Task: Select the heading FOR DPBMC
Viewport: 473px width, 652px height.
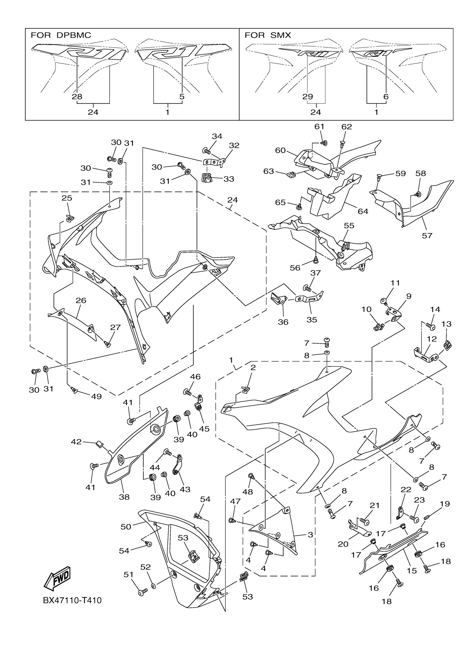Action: click(x=61, y=35)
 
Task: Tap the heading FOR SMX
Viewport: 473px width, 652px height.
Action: click(x=268, y=35)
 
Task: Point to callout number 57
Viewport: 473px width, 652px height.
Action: click(x=427, y=236)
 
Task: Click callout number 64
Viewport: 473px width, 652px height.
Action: click(x=363, y=211)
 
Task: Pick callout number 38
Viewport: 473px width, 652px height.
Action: click(x=124, y=497)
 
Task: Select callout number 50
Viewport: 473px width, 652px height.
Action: click(x=126, y=527)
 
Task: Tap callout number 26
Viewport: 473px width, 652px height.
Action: click(x=81, y=300)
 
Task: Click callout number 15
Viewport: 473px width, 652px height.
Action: click(x=412, y=571)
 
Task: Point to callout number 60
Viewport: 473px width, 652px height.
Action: click(x=280, y=150)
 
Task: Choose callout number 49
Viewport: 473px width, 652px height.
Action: click(x=96, y=396)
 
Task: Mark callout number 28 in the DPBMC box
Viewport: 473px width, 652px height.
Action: click(x=77, y=97)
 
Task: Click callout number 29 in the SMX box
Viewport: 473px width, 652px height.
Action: click(x=307, y=97)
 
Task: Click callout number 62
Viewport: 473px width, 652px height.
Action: click(x=347, y=127)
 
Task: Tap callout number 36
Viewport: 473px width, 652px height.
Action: click(x=283, y=322)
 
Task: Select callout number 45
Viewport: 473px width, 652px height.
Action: click(x=204, y=429)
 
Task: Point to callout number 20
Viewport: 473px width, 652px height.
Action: click(x=343, y=544)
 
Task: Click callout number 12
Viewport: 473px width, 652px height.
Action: click(x=432, y=339)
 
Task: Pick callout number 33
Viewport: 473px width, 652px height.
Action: click(x=229, y=179)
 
